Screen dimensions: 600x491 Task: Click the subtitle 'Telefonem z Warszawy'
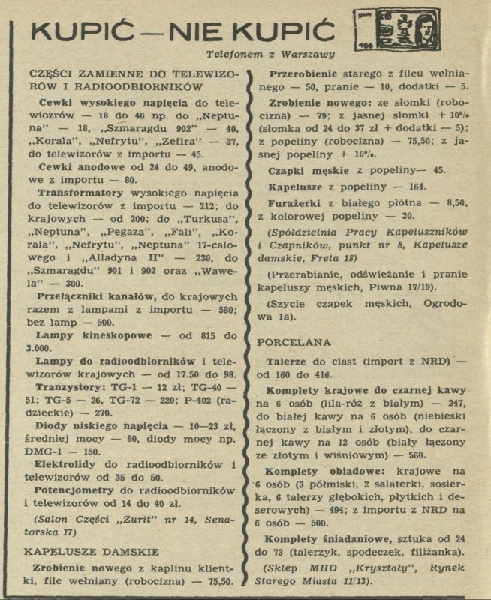[271, 54]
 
